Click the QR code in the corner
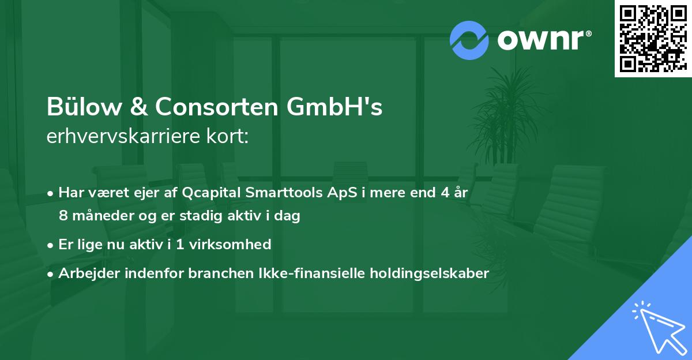tap(653, 39)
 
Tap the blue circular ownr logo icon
tap(469, 40)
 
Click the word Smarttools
tap(277, 193)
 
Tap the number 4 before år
tap(445, 193)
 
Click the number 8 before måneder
tap(62, 216)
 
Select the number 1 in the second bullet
tap(180, 245)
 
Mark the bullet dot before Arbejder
tap(51, 274)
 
